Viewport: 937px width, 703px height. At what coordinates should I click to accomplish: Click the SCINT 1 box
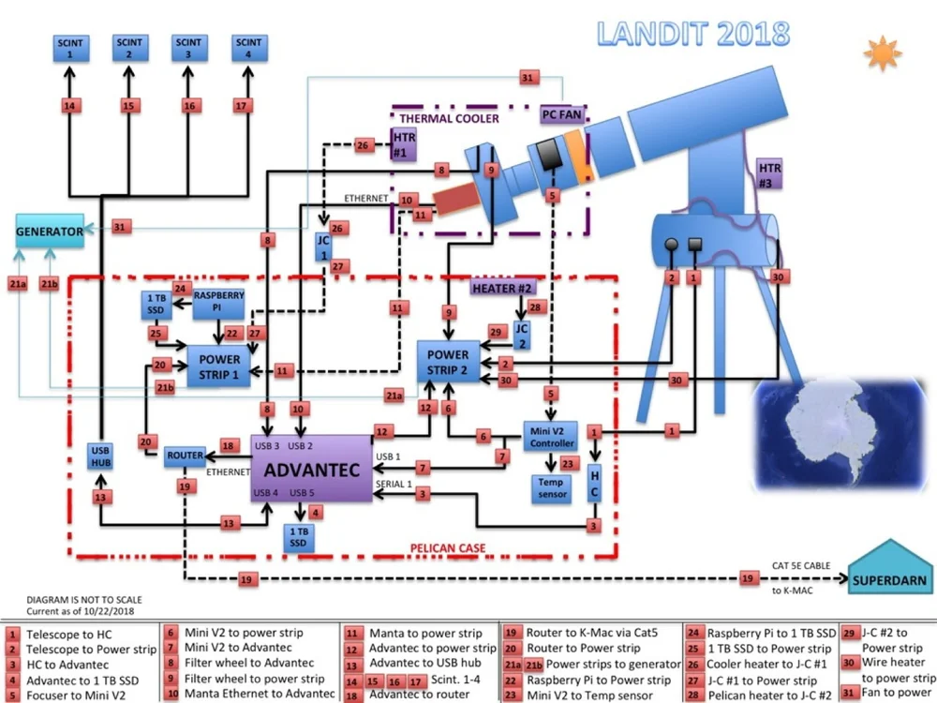click(x=69, y=48)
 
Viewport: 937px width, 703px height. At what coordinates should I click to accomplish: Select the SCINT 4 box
click(x=248, y=48)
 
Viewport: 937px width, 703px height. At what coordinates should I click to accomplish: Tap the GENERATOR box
click(x=50, y=231)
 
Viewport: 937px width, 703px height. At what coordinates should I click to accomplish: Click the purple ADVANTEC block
click(x=311, y=469)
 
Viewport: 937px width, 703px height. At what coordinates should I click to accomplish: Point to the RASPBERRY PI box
click(x=218, y=301)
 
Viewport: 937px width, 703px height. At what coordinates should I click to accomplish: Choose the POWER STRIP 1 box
click(x=219, y=366)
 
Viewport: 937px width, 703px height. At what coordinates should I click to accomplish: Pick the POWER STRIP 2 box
click(x=449, y=362)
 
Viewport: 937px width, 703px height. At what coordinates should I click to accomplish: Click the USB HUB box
click(x=101, y=456)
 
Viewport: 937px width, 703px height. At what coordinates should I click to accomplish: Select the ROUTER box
click(x=185, y=456)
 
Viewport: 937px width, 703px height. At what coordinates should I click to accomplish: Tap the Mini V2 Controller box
click(x=553, y=436)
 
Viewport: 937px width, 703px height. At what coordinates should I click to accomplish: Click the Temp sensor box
click(x=553, y=487)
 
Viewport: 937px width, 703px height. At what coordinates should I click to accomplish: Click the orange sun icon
click(x=883, y=53)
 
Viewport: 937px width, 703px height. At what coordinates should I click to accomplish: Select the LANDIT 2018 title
click(x=693, y=33)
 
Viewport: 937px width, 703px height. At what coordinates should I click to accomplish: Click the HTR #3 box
click(x=770, y=174)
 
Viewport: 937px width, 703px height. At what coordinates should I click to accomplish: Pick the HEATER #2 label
click(x=501, y=288)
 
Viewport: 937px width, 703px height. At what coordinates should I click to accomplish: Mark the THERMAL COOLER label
click(x=450, y=119)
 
